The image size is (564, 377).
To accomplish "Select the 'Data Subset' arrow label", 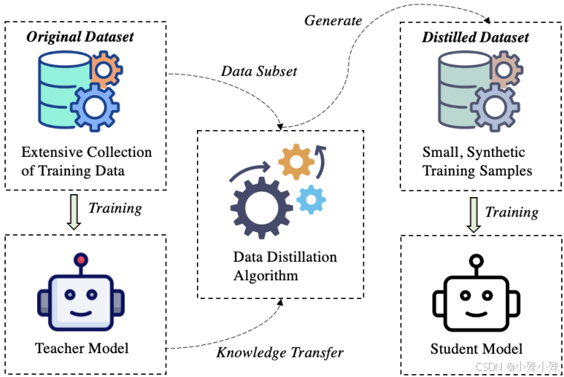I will click(x=259, y=71).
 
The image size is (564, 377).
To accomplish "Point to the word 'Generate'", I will click(x=333, y=20).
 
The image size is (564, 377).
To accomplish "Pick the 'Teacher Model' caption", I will click(x=82, y=348).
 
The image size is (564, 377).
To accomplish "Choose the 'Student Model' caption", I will click(x=476, y=348).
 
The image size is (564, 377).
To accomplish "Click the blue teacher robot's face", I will click(x=81, y=301).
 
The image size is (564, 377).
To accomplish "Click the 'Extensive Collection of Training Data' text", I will click(x=86, y=161).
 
